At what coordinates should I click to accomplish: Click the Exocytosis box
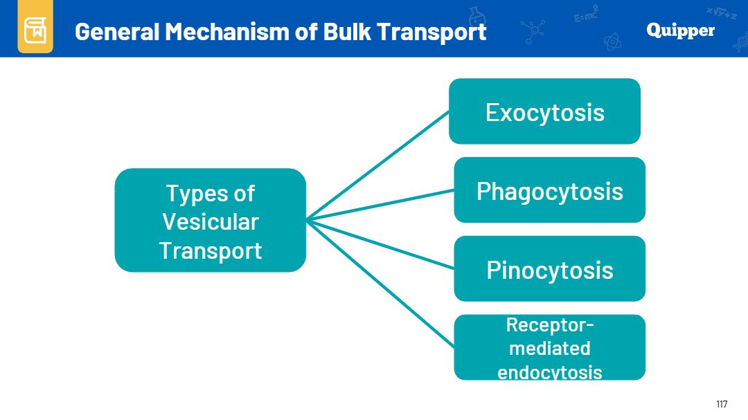click(x=544, y=111)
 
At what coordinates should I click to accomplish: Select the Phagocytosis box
click(x=549, y=190)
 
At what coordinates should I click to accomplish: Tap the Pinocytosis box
click(x=549, y=268)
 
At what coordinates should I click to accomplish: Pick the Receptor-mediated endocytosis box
click(x=549, y=347)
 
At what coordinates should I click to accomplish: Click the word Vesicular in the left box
click(x=211, y=221)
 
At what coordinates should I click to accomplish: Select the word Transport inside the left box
click(x=211, y=250)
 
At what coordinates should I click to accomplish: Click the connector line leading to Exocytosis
click(x=378, y=165)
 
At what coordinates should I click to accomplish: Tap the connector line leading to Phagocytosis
click(x=380, y=205)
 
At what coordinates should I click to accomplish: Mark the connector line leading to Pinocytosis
click(x=380, y=244)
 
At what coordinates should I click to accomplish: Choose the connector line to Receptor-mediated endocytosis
click(x=380, y=284)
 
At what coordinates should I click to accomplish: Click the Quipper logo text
click(x=680, y=30)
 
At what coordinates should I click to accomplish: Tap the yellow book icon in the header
click(x=35, y=29)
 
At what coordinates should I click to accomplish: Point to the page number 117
click(x=722, y=404)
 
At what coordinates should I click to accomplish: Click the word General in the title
click(x=117, y=32)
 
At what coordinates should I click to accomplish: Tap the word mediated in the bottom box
click(x=549, y=348)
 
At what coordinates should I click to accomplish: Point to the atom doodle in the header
click(x=612, y=42)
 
